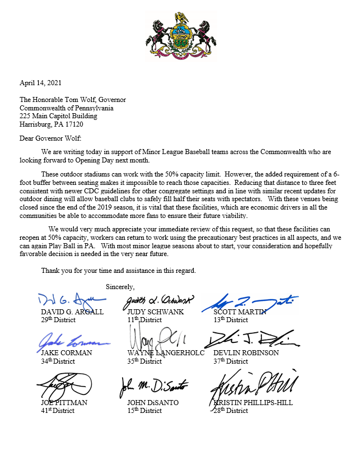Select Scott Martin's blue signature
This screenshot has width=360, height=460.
click(250, 301)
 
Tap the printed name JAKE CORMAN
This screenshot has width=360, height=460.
click(66, 353)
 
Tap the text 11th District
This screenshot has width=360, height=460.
click(144, 320)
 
